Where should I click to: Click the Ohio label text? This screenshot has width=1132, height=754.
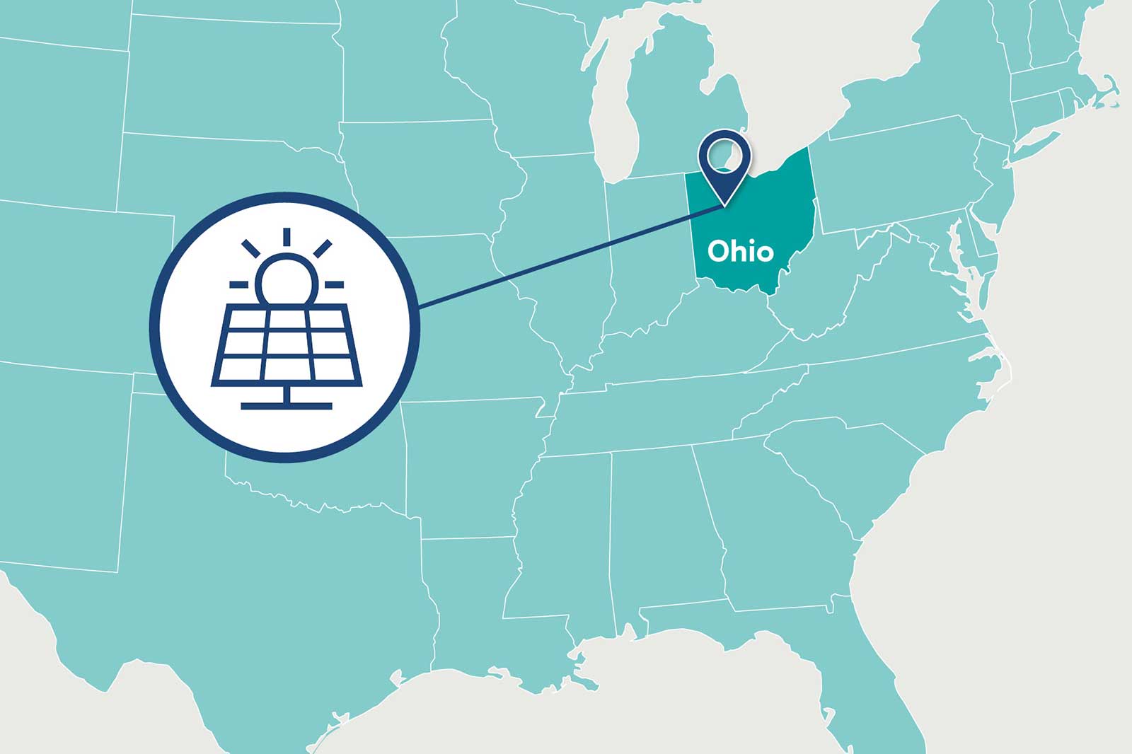[740, 251]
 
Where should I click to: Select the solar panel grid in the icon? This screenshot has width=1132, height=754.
[287, 346]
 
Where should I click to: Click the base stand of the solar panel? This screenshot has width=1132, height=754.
[287, 405]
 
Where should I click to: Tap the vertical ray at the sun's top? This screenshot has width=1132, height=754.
[287, 237]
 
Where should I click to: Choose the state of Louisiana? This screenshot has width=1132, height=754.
[481, 615]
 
